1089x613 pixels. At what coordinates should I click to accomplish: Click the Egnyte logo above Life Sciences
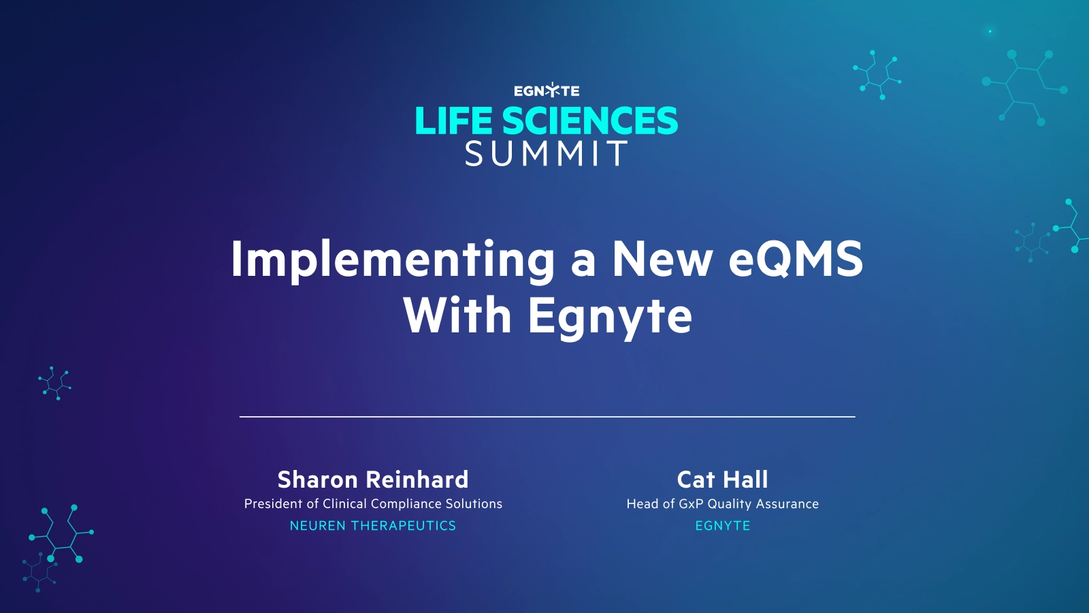tap(547, 91)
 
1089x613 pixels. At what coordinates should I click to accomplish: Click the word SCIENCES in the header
tap(589, 121)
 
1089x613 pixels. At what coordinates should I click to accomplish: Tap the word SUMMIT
tap(547, 154)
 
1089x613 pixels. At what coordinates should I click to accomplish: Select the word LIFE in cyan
tap(453, 121)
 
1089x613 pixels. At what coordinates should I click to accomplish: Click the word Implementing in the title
tap(393, 260)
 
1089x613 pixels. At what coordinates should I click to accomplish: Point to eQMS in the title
tap(795, 259)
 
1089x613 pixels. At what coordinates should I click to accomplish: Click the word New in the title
tap(662, 259)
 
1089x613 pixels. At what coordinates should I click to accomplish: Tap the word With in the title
tap(457, 316)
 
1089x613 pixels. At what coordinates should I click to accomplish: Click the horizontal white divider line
tap(547, 416)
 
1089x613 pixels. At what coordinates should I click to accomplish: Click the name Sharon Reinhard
tap(373, 480)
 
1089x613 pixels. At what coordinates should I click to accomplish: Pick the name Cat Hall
tap(722, 480)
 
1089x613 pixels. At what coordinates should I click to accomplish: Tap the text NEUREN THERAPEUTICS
tap(373, 526)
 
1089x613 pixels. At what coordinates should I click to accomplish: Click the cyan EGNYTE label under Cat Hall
tap(722, 526)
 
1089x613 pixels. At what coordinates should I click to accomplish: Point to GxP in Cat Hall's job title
tap(691, 504)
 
